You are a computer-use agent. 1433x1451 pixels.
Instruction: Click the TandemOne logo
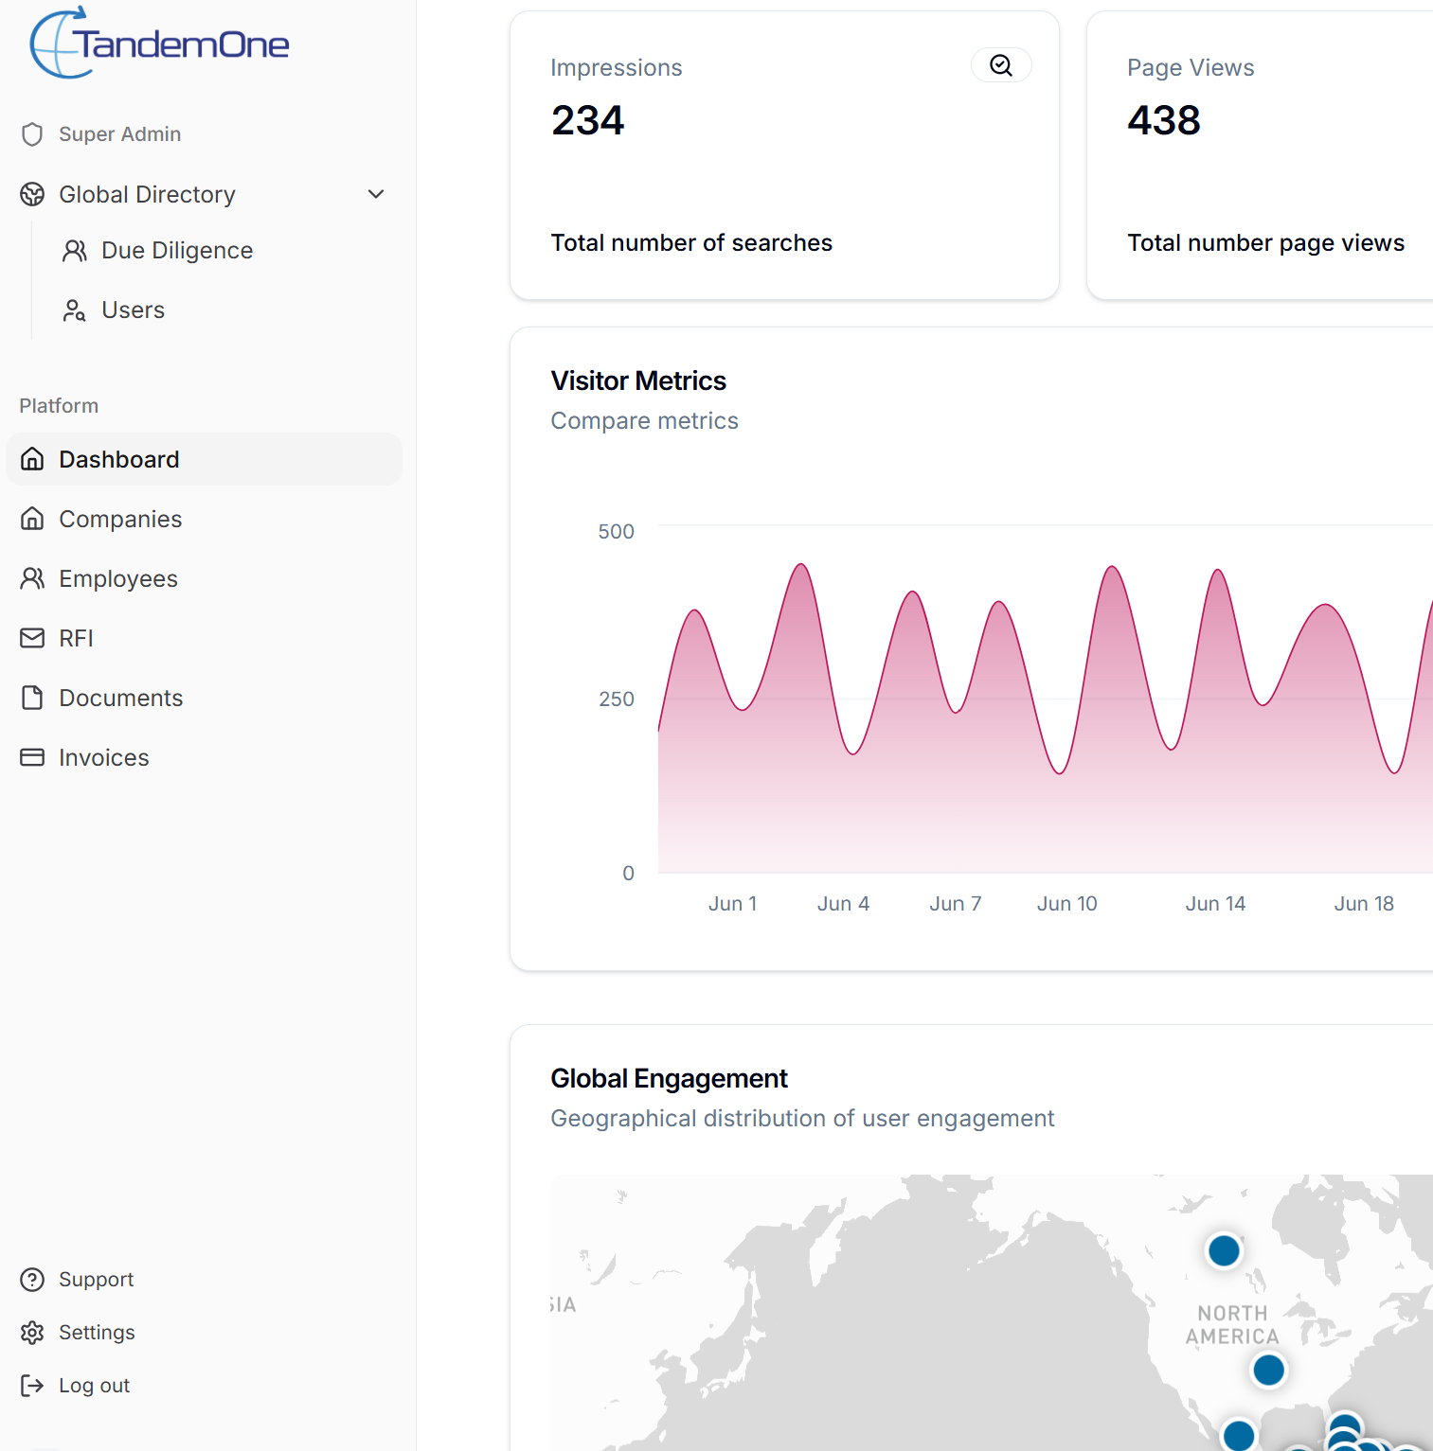tap(159, 44)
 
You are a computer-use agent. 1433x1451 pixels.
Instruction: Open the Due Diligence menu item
tap(176, 251)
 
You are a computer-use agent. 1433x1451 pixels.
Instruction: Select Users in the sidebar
tap(133, 310)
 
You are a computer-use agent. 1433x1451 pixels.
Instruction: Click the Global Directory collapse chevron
tap(376, 194)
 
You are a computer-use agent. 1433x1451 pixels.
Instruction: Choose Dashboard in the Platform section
tap(118, 460)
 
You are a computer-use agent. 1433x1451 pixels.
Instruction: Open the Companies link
tap(120, 520)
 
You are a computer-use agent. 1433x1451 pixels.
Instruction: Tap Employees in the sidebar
tap(118, 579)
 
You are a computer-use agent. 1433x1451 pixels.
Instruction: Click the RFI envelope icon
tap(32, 639)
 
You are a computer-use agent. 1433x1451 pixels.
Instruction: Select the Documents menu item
tap(120, 699)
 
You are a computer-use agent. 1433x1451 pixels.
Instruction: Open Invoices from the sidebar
tap(104, 758)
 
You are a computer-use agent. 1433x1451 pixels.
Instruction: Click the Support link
tap(96, 1280)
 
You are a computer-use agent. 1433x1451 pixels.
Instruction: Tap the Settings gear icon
tap(32, 1333)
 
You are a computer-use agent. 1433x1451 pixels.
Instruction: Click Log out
tap(94, 1386)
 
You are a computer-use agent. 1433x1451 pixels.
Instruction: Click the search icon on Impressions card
tap(1001, 65)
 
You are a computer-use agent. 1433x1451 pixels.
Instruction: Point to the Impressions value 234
tap(588, 121)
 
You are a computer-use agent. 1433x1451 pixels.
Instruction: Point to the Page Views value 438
tap(1164, 121)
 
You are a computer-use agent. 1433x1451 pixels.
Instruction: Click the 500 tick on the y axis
tap(616, 532)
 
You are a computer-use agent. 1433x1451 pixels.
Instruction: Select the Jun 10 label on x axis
tap(1066, 904)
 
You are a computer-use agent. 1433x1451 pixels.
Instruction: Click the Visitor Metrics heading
tap(638, 381)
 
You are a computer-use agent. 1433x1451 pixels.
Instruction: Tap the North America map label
tap(1232, 1325)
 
